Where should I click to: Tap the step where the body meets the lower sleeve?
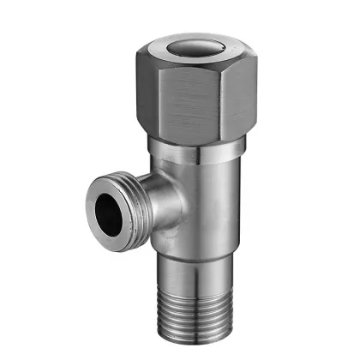(193, 250)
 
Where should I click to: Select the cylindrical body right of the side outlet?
(214, 206)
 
